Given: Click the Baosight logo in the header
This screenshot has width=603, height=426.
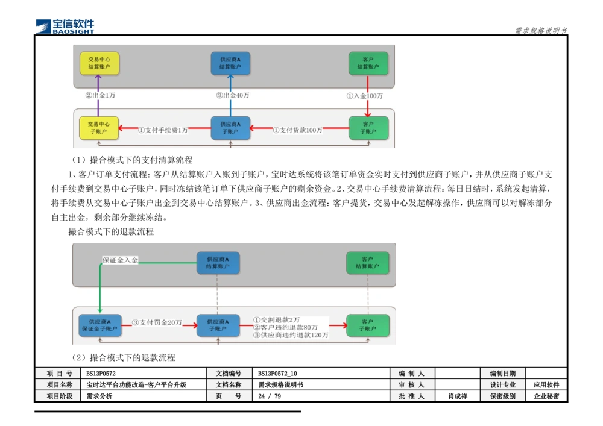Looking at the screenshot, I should (65, 26).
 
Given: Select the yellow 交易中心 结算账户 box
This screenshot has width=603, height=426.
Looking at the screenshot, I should (99, 63).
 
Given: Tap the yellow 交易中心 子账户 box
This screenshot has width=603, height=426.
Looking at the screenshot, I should (99, 128).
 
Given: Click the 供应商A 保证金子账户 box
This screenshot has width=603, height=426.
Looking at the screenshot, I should (99, 325).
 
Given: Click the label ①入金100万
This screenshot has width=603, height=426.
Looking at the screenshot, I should (364, 95).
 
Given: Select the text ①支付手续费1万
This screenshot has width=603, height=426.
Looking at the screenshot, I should (163, 130).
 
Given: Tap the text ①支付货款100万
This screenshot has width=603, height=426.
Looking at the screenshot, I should (297, 130).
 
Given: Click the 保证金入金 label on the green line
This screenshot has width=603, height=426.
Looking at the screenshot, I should (120, 260).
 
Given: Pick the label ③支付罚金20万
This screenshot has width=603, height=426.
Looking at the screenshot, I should (157, 322).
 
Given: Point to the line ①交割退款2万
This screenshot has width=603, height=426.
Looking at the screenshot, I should (276, 319).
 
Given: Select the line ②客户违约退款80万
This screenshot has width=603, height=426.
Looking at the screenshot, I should (285, 327).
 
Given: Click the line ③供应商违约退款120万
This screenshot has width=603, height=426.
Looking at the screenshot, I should (291, 335).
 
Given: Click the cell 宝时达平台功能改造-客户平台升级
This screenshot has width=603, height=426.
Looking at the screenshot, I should (136, 385).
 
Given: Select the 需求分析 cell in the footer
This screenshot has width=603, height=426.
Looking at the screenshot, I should (99, 396).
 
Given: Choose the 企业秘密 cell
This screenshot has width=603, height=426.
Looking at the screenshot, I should (546, 396).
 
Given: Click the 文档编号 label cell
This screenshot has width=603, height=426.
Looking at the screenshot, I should (229, 374).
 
